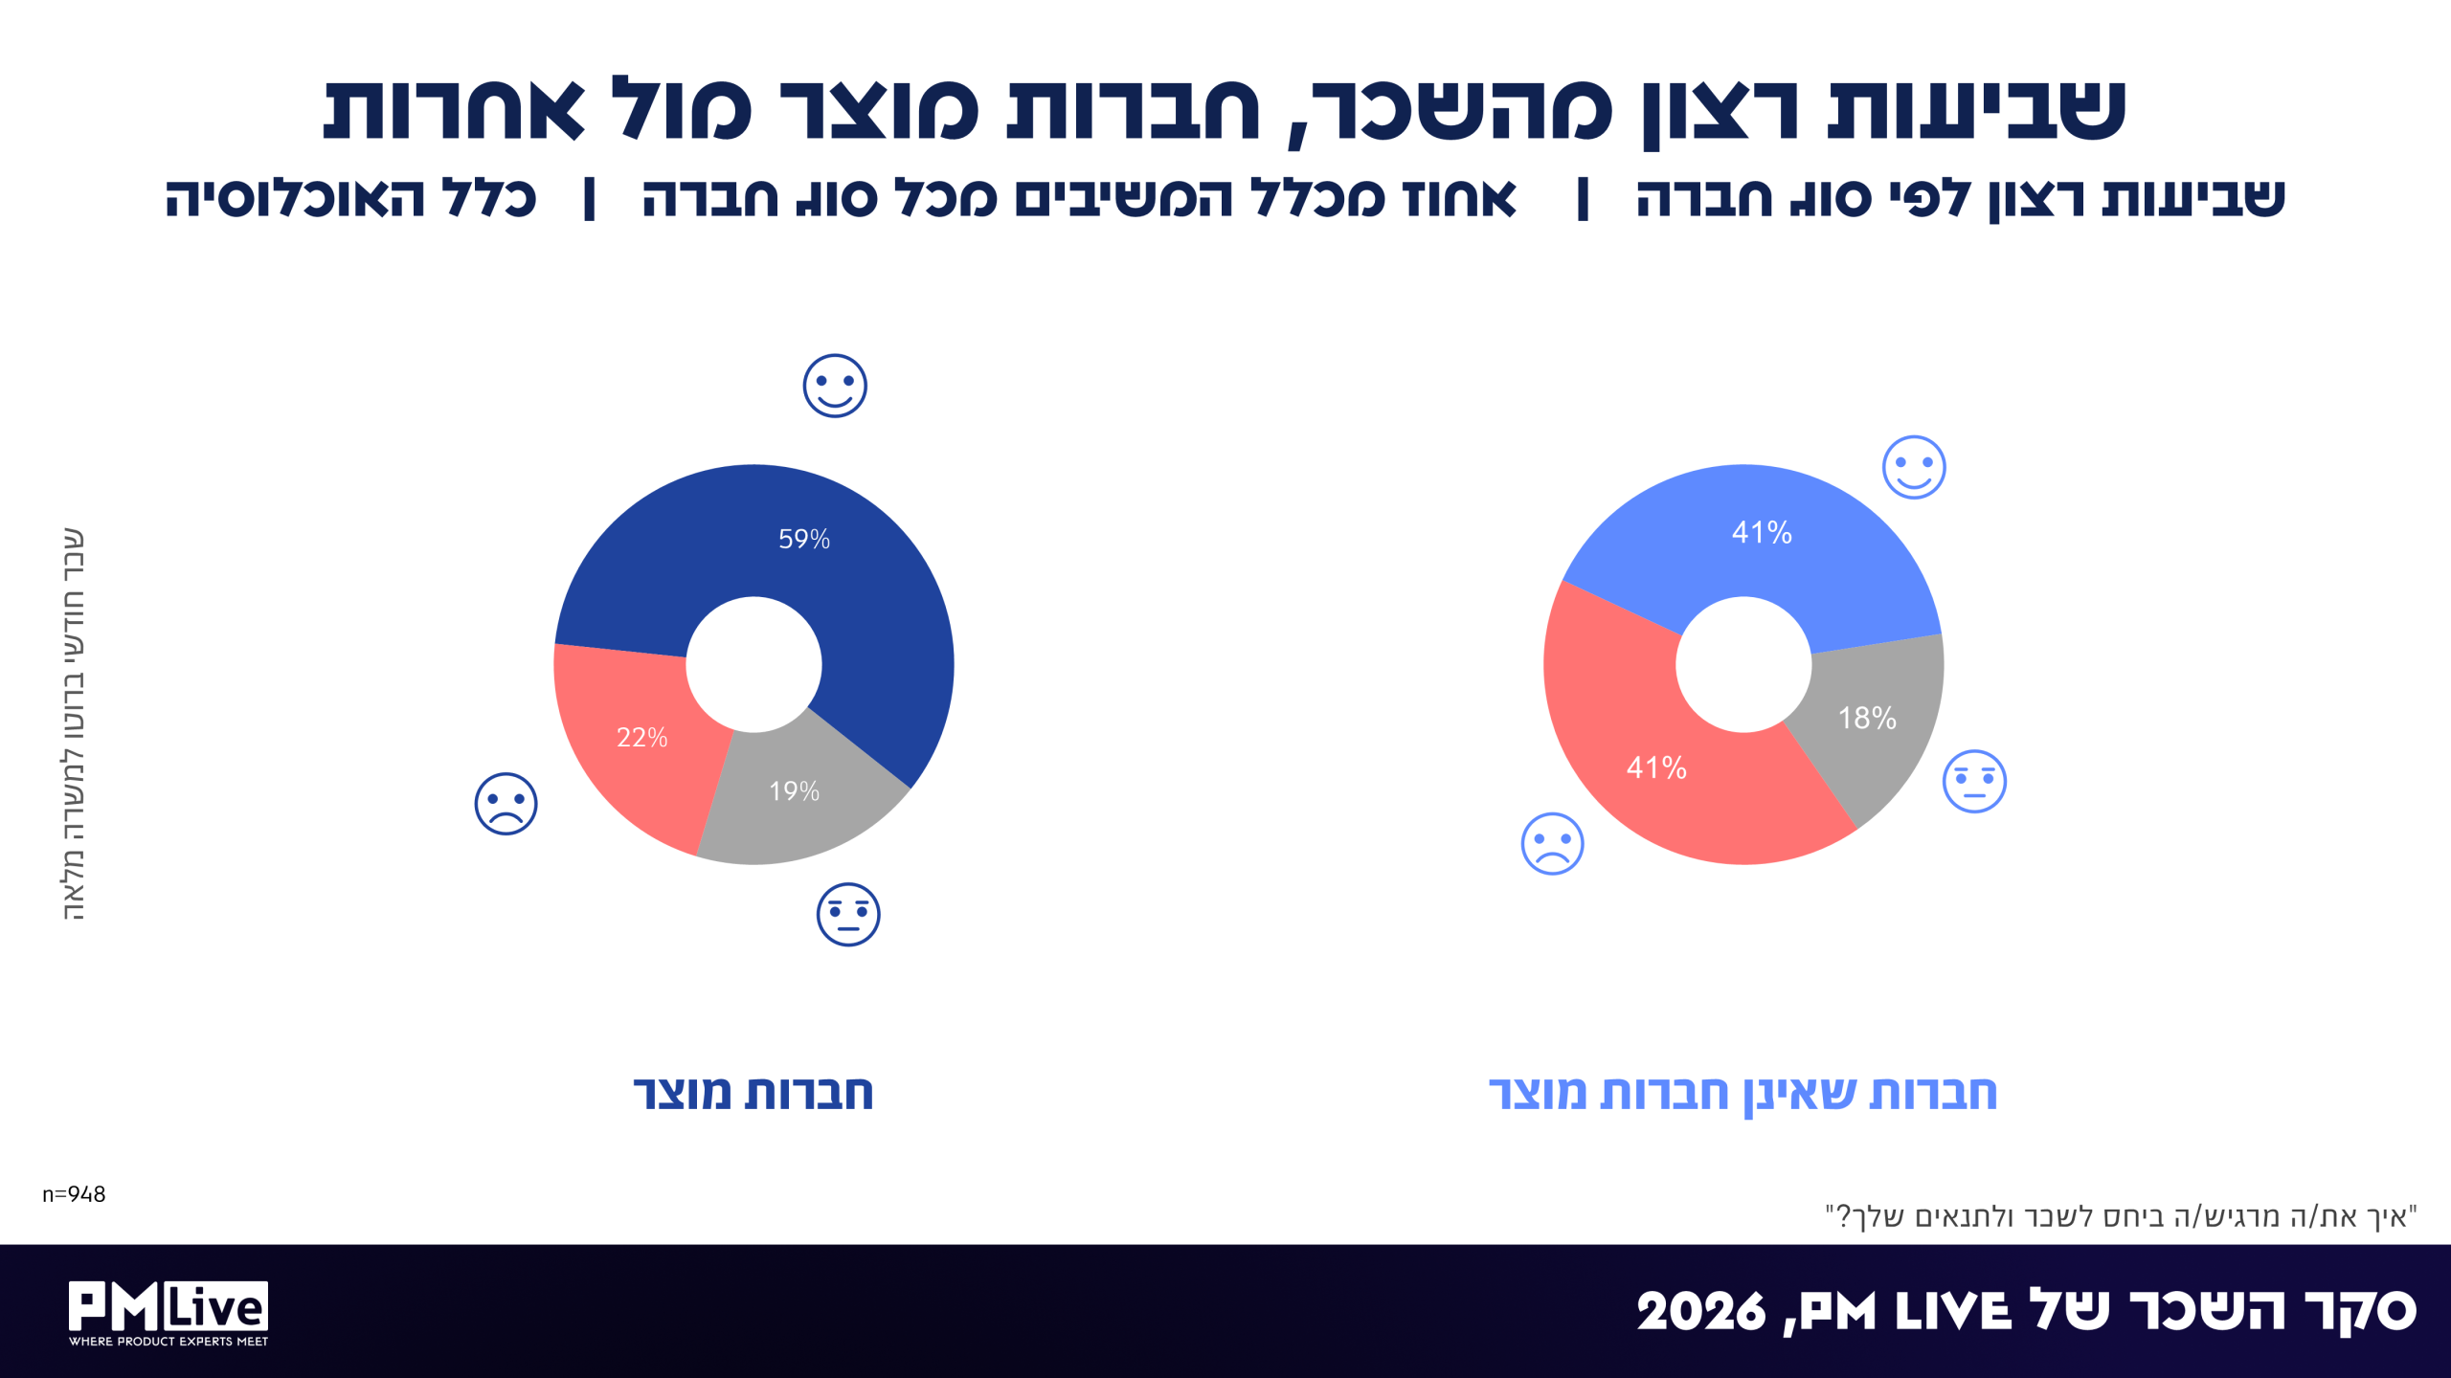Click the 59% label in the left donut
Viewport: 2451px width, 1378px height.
pos(804,539)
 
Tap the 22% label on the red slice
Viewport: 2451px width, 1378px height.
pos(641,737)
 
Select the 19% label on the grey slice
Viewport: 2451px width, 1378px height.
pos(794,790)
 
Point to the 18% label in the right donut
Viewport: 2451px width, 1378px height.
pos(1867,718)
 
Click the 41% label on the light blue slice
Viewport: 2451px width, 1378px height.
pos(1762,532)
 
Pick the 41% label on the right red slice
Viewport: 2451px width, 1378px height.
pos(1656,767)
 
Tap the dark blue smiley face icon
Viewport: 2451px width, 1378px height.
pos(835,386)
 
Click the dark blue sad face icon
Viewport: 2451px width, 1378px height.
pos(506,804)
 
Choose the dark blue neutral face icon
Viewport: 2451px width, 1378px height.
pos(848,914)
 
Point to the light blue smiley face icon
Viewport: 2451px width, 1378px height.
pos(1914,467)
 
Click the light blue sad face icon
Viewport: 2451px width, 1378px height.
pos(1552,844)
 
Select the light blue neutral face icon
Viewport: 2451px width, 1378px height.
pos(1974,781)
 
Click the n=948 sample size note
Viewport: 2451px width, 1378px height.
pos(74,1194)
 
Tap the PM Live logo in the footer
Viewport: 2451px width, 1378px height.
pos(169,1313)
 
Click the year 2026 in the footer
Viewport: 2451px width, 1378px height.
pos(1700,1311)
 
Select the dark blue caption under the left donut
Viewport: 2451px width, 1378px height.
pos(753,1093)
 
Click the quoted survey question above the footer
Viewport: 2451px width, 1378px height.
pos(2122,1216)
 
